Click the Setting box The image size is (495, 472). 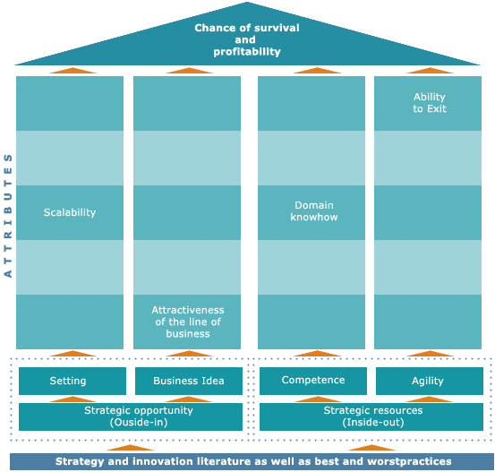pyautogui.click(x=73, y=381)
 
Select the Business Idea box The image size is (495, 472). pyautogui.click(x=189, y=381)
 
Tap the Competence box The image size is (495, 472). pyautogui.click(x=313, y=381)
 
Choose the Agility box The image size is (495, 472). pyautogui.click(x=430, y=381)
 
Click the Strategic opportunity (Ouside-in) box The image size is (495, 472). pyautogui.click(x=131, y=416)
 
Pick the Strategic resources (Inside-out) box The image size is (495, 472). pyautogui.click(x=371, y=416)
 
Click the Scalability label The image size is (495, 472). pyautogui.click(x=70, y=212)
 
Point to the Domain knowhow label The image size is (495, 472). pyautogui.click(x=314, y=211)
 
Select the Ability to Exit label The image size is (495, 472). pyautogui.click(x=430, y=103)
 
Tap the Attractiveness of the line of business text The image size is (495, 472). pyautogui.click(x=188, y=322)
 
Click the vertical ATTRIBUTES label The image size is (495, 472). pyautogui.click(x=8, y=216)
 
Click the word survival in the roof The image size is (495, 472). pyautogui.click(x=277, y=28)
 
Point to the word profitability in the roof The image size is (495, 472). pyautogui.click(x=247, y=51)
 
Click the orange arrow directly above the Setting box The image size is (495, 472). pyautogui.click(x=73, y=354)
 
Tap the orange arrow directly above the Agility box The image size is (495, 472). pyautogui.click(x=430, y=354)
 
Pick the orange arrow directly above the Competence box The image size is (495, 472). pyautogui.click(x=317, y=354)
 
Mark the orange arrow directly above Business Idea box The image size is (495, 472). pyautogui.click(x=189, y=354)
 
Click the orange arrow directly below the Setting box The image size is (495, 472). pyautogui.click(x=73, y=399)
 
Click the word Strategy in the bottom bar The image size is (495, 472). pyautogui.click(x=80, y=462)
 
